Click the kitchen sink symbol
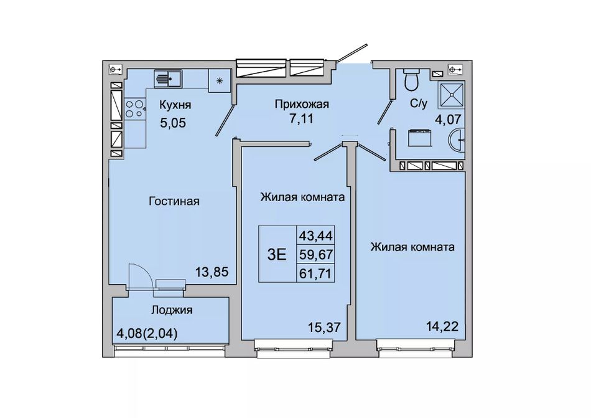168,78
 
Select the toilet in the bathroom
411,79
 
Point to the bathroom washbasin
457,140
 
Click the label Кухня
175,105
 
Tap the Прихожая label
302,104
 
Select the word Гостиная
174,201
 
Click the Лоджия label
172,310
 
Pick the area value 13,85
212,272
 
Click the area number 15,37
324,327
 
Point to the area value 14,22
442,326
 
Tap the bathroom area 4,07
448,120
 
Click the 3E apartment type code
277,255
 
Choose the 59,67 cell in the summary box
316,255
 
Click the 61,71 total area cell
316,273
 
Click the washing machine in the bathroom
419,137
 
